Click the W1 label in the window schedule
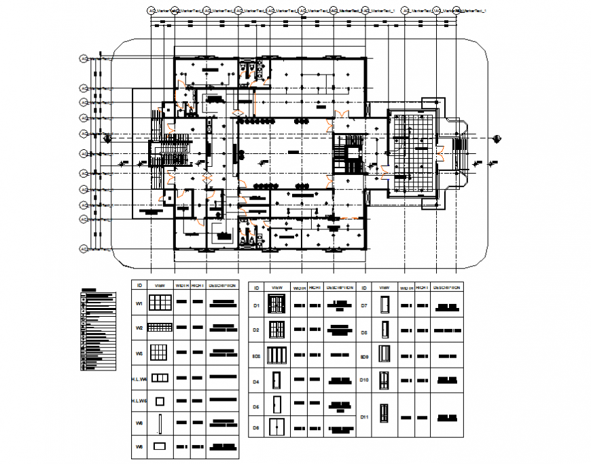pyautogui.click(x=139, y=305)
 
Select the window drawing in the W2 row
pyautogui.click(x=160, y=328)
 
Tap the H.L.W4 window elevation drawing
pyautogui.click(x=160, y=378)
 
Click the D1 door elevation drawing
pyautogui.click(x=277, y=306)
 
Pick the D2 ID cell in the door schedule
pyautogui.click(x=257, y=330)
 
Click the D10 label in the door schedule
pyautogui.click(x=364, y=381)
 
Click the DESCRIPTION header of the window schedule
pyautogui.click(x=222, y=286)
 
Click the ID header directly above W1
pyautogui.click(x=139, y=286)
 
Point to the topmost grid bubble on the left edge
pyautogui.click(x=83, y=59)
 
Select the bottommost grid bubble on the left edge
pyautogui.click(x=83, y=248)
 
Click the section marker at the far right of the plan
pyautogui.click(x=499, y=138)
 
